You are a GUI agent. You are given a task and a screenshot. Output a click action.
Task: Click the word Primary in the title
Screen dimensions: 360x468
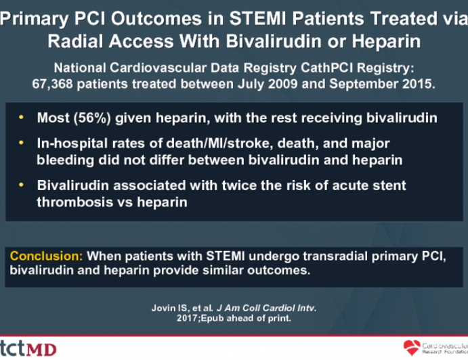click(32, 20)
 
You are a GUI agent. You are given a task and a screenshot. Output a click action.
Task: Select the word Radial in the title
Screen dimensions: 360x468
click(73, 41)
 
